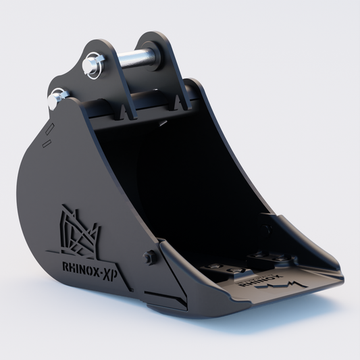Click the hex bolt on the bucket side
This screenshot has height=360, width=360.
tap(149, 257)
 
